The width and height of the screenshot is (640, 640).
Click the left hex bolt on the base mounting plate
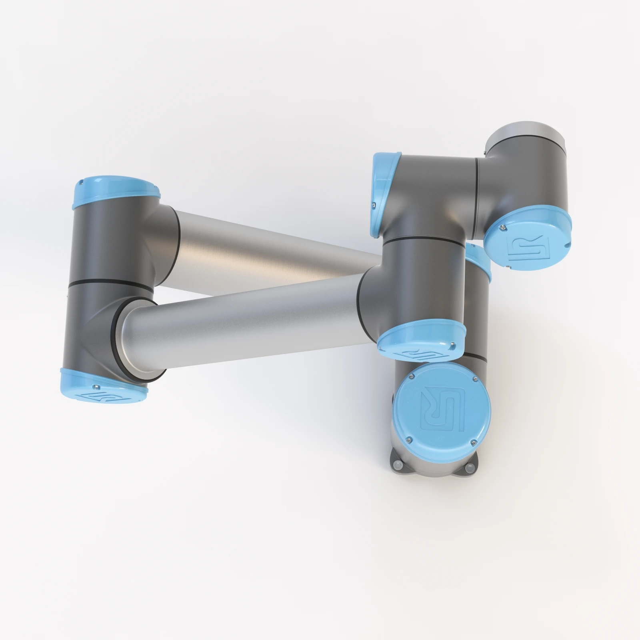[397, 465]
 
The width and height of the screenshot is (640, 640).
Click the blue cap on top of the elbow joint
[116, 194]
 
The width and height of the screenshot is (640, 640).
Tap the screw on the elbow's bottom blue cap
[96, 387]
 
